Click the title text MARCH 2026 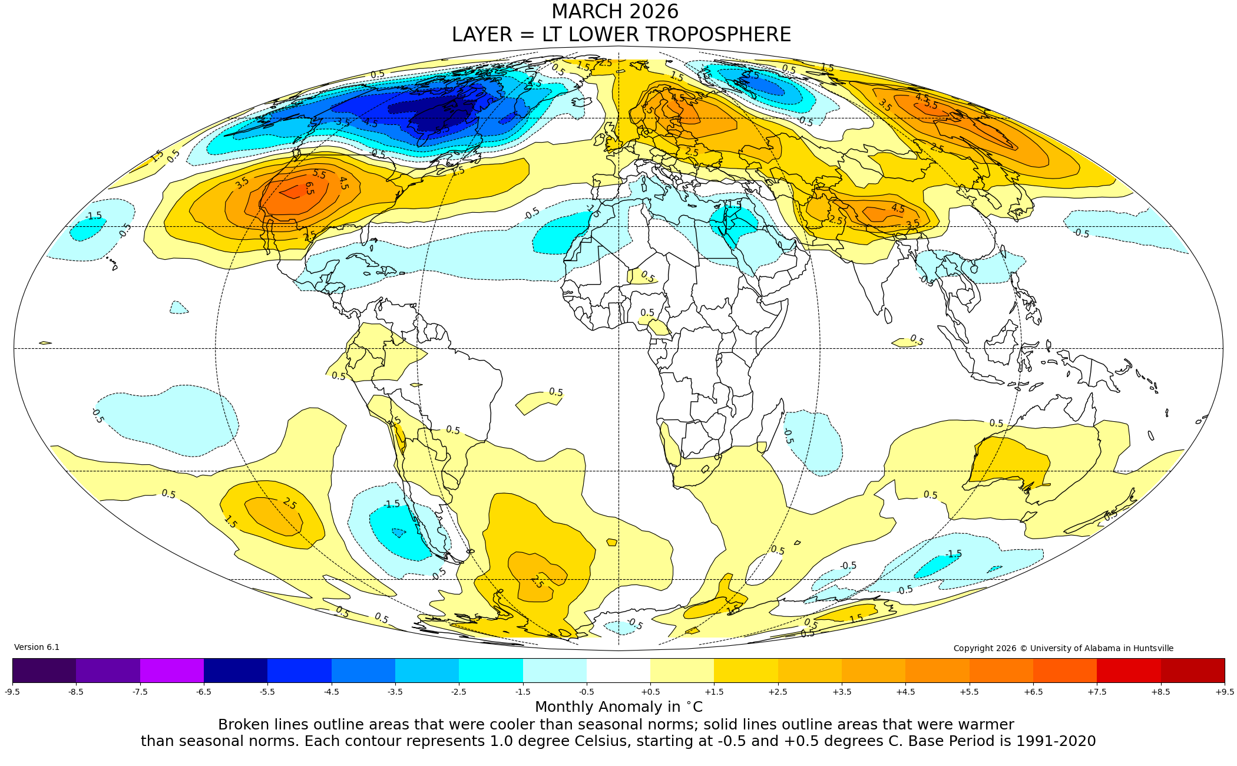[x=615, y=12]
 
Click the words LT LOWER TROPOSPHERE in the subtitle [x=666, y=35]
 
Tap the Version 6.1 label [x=37, y=647]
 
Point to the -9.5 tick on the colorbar [x=12, y=692]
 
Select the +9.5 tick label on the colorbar [x=1224, y=692]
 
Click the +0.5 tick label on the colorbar [x=650, y=692]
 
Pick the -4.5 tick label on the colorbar [x=332, y=692]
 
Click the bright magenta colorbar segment [x=171, y=671]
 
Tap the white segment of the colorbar [x=618, y=671]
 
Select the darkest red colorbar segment [x=1192, y=671]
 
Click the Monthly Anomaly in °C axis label [x=618, y=706]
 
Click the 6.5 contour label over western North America [x=309, y=189]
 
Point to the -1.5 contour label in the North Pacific [x=93, y=216]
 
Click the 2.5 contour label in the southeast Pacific [x=289, y=503]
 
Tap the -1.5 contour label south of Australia [x=954, y=554]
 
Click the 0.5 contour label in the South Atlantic [x=555, y=392]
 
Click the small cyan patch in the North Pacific [x=87, y=229]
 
